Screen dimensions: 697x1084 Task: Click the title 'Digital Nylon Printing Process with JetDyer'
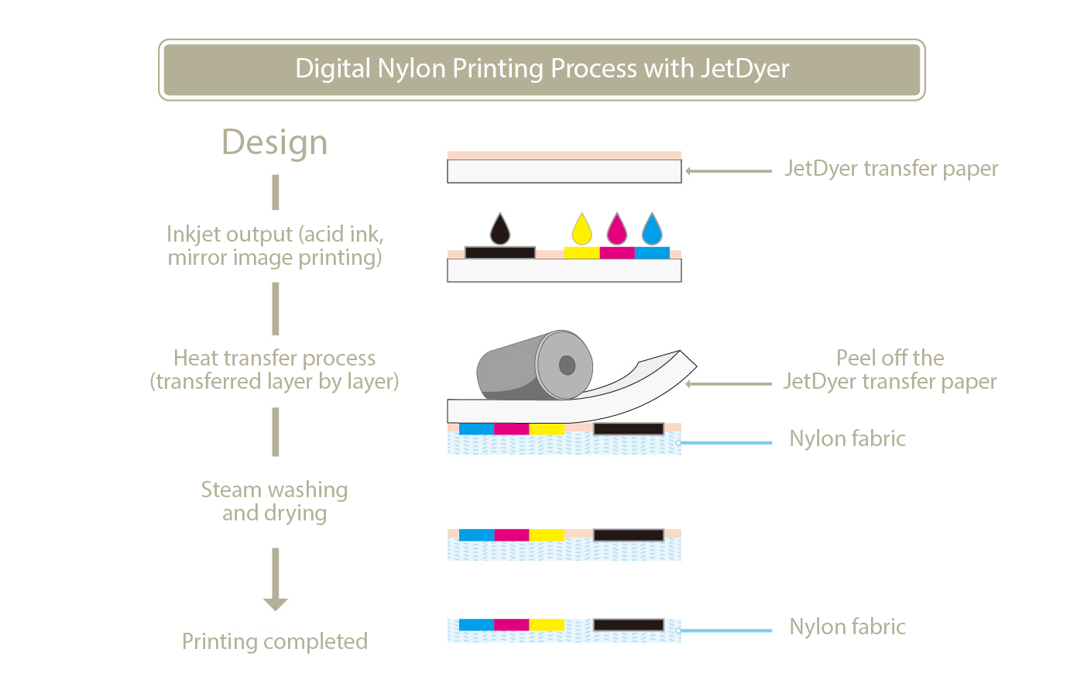pos(542,69)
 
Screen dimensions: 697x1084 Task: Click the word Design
pos(275,142)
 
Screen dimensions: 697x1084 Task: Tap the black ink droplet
pos(500,230)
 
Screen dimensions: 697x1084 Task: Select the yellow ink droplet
pos(581,230)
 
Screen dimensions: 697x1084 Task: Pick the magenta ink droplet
pos(616,230)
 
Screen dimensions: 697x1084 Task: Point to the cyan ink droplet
pos(652,230)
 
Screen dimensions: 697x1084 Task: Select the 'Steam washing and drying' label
pos(275,501)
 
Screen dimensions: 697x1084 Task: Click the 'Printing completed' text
pos(275,641)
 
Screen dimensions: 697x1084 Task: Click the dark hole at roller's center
pos(567,365)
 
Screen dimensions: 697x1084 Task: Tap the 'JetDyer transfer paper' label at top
pos(891,169)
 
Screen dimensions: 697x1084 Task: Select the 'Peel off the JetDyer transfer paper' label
pos(890,369)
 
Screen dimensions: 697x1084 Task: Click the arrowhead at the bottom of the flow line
pos(275,604)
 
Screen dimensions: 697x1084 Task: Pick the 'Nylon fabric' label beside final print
pos(847,627)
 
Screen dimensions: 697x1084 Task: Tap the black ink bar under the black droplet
pos(500,252)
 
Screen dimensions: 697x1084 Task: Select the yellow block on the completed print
pos(547,625)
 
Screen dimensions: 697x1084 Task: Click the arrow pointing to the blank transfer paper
pos(728,171)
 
